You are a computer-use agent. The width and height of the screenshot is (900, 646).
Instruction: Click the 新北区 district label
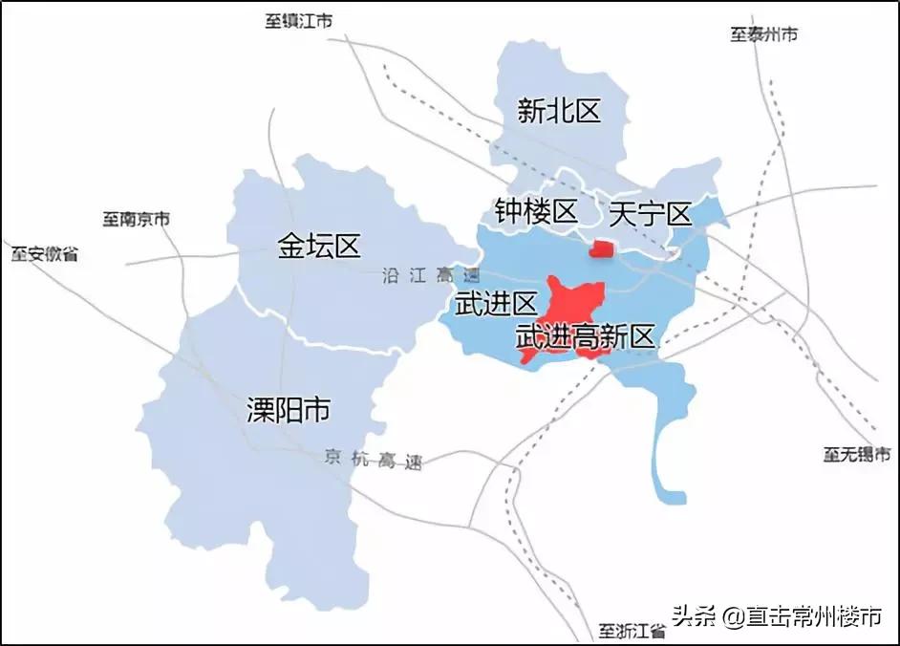point(559,112)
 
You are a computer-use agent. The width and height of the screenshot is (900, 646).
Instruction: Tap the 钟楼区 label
point(536,211)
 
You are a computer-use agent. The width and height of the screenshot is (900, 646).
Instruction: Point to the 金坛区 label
point(319,247)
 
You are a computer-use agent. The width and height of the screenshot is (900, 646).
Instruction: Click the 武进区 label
point(496,305)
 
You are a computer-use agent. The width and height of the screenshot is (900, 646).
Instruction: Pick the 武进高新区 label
point(585,336)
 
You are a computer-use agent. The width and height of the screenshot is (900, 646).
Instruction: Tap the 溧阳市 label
point(289,411)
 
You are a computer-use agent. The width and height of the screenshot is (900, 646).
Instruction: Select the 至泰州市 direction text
point(764,34)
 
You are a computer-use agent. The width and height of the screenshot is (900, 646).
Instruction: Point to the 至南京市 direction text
point(136,219)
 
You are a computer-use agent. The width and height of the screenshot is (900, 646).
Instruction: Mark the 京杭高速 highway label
point(373,459)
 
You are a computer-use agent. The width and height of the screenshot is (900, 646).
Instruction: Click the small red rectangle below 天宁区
point(602,249)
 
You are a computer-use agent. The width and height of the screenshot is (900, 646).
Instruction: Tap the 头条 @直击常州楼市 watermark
point(777,616)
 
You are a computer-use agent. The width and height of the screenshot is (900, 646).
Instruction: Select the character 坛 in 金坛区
point(319,247)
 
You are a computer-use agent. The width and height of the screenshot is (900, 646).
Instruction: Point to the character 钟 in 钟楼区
point(508,211)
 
